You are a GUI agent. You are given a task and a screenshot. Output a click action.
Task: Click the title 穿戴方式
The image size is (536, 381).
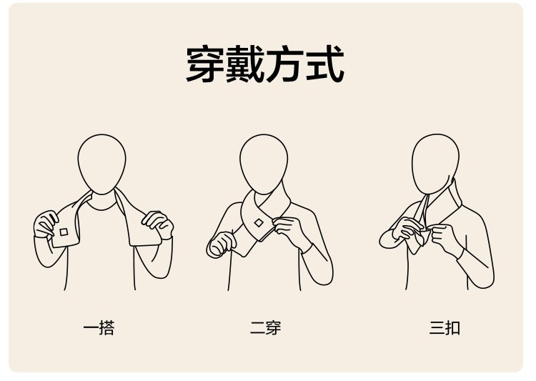pos(265,64)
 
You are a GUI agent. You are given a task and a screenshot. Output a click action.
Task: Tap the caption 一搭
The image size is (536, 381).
pos(99,328)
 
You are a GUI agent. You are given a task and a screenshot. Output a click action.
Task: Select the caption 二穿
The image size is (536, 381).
pos(265,328)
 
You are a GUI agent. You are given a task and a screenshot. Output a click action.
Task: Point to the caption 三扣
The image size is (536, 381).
pos(445,328)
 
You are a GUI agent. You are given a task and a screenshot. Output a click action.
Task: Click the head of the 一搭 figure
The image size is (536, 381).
pos(102,164)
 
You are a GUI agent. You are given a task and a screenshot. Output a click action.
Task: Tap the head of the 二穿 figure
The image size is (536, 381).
pos(264,164)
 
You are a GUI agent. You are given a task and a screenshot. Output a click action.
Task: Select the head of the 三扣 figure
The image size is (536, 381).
pos(435,164)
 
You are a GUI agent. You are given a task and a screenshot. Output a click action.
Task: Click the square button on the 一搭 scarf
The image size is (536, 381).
pos(64,232)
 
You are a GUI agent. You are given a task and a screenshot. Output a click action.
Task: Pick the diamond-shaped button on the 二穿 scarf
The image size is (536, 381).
pos(259,223)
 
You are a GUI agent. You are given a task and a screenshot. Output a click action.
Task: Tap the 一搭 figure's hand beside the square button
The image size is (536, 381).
pos(46,224)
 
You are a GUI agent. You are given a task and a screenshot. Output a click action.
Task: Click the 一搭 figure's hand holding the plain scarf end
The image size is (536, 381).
pos(158,224)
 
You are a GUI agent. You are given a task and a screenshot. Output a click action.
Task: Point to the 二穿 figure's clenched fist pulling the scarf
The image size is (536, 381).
pos(222,244)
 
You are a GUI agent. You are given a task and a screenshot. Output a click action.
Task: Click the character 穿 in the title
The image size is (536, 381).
pos(205,64)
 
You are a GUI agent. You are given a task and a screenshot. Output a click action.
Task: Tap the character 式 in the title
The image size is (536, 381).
pos(325,64)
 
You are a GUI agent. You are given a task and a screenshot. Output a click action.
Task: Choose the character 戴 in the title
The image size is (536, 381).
pos(244,64)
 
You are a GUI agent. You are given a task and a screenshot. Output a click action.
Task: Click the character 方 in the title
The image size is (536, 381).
pos(285,64)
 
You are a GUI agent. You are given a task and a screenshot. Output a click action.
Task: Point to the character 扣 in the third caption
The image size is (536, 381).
pos(452,328)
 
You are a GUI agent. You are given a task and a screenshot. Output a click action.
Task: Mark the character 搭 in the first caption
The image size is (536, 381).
pos(107,328)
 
